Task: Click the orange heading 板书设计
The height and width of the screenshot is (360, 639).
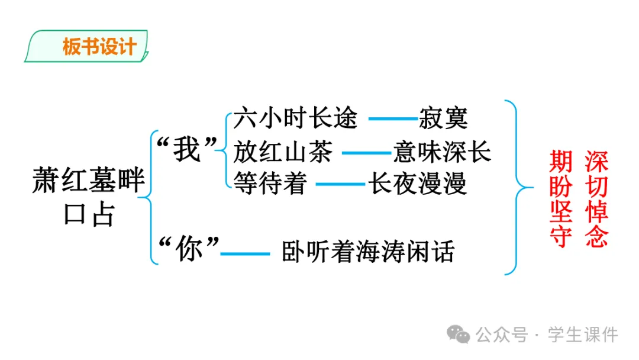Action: [99, 47]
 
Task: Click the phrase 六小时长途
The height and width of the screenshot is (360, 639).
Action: [295, 118]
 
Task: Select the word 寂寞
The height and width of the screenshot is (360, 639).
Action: [443, 118]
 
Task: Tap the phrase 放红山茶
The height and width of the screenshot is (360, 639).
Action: [283, 152]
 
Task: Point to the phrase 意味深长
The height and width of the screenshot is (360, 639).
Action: [442, 152]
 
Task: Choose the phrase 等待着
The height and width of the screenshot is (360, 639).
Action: [270, 184]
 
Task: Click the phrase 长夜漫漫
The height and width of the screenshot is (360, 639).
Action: [417, 184]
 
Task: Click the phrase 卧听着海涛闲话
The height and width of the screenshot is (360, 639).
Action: [367, 252]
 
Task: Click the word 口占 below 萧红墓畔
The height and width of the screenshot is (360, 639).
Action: [88, 216]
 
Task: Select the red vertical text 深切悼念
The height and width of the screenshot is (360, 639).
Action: [596, 200]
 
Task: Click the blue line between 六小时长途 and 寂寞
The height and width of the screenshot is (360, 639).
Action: [393, 119]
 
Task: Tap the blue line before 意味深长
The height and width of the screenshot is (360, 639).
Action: [367, 153]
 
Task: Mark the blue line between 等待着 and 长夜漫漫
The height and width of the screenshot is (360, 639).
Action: [340, 185]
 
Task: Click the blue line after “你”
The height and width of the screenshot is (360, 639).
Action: [245, 254]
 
